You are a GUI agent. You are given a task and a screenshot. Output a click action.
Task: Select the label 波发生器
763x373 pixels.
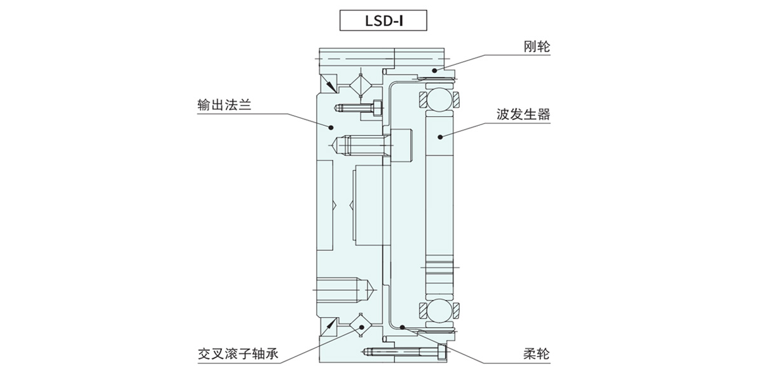[x=523, y=115]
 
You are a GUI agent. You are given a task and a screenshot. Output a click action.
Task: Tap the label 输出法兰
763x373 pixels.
[x=224, y=105]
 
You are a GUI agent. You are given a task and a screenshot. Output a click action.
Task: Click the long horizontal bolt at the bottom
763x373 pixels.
[x=404, y=351]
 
